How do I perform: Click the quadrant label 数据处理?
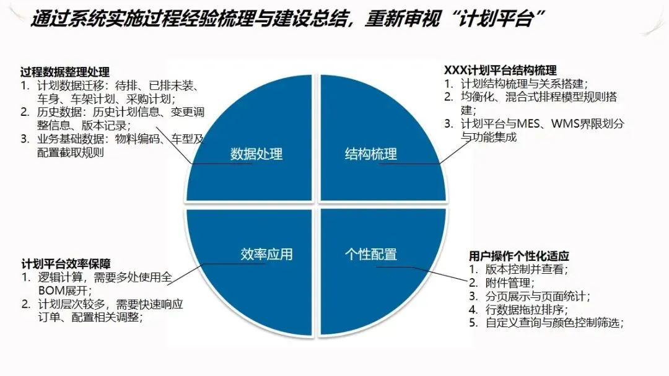256,154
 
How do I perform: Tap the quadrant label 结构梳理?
370,154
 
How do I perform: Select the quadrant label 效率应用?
266,254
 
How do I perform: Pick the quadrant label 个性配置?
370,254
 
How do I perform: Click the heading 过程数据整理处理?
65,72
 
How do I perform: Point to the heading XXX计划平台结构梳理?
501,70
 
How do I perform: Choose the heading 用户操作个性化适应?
519,256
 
